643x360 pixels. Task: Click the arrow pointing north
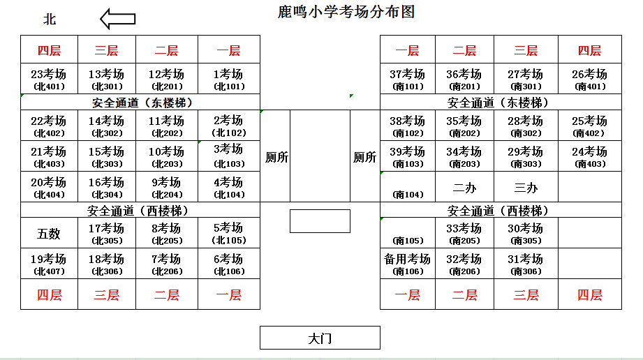[118, 19]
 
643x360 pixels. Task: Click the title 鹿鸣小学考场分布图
[346, 12]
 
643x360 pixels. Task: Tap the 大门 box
[320, 338]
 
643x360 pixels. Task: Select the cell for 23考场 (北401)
[49, 79]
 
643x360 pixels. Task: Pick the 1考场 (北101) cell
[229, 79]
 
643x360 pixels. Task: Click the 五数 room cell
[49, 233]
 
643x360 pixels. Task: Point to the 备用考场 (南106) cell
[408, 264]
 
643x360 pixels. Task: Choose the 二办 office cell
[464, 187]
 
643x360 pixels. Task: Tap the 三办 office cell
[526, 187]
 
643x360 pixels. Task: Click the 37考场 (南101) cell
[408, 79]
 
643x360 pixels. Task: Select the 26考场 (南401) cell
[590, 79]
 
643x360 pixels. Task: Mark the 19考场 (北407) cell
[49, 264]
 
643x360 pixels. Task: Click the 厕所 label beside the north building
[276, 157]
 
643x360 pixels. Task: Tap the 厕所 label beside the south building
[364, 157]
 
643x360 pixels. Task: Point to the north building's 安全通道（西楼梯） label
[140, 210]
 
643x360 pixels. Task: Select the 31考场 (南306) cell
[526, 264]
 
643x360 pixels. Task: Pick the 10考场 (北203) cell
[166, 156]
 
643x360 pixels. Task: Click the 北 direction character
[50, 20]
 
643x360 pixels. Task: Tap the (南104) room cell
[408, 187]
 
